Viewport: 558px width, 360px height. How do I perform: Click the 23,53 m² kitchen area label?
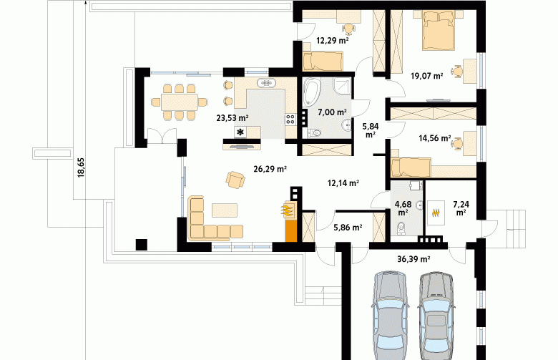(232, 118)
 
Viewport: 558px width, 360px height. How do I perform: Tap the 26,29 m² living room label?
(270, 169)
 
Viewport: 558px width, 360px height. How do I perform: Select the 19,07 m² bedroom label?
(426, 75)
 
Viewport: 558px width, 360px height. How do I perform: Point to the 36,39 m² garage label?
(413, 259)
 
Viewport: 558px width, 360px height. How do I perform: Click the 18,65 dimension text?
(81, 167)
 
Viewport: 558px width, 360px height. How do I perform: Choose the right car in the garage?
(436, 316)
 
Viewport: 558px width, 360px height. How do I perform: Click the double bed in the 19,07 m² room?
(439, 30)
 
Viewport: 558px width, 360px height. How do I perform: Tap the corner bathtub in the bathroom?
(312, 92)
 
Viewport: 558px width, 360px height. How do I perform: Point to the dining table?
(180, 102)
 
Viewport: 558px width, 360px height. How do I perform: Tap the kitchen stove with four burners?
(290, 119)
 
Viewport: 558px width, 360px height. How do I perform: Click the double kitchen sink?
(266, 83)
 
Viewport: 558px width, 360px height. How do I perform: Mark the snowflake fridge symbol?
(241, 132)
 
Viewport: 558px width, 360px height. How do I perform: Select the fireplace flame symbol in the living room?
(288, 210)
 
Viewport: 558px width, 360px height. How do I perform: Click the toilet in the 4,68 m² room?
(401, 227)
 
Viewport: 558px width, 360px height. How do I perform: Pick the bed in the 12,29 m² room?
(323, 61)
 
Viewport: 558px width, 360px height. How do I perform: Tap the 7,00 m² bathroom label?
(332, 112)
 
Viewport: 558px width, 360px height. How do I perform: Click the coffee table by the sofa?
(225, 210)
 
